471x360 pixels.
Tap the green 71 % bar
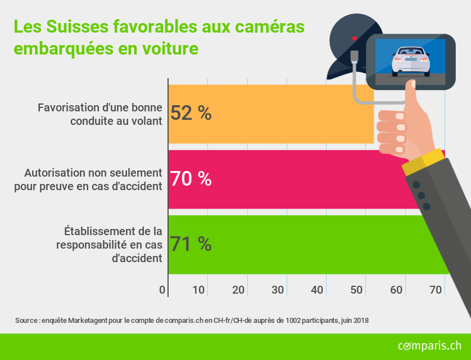[x=304, y=244]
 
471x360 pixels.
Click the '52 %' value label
[x=191, y=114]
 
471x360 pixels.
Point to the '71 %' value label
[x=191, y=244]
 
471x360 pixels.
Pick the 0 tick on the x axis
[x=162, y=290]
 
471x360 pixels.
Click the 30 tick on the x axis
[x=278, y=290]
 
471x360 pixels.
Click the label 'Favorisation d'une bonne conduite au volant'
[x=100, y=113]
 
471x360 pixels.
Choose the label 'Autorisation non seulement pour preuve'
[x=88, y=178]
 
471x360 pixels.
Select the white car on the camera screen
[x=410, y=61]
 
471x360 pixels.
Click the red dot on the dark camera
[x=354, y=38]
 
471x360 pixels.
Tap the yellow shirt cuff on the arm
[x=422, y=161]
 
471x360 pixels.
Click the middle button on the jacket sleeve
[x=421, y=196]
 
